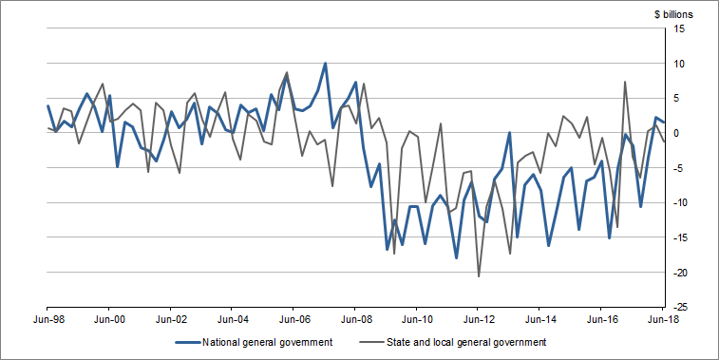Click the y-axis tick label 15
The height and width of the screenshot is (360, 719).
(680, 29)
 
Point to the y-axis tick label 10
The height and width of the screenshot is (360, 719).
(680, 64)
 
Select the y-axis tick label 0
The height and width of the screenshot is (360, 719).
(677, 134)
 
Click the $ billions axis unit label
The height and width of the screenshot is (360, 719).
(673, 13)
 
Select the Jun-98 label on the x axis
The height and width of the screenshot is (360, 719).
(47, 321)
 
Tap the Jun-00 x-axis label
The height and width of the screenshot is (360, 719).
(109, 321)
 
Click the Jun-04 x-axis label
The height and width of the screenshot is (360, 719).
(232, 321)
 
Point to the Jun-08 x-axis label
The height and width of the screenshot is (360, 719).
(355, 321)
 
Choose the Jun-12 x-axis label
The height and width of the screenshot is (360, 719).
(478, 321)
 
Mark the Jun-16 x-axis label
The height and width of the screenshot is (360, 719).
(601, 321)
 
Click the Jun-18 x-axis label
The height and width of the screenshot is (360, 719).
(662, 321)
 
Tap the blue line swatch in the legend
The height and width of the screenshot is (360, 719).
(192, 342)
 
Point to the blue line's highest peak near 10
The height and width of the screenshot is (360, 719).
(325, 64)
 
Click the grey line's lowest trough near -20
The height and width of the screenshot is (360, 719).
(479, 275)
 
